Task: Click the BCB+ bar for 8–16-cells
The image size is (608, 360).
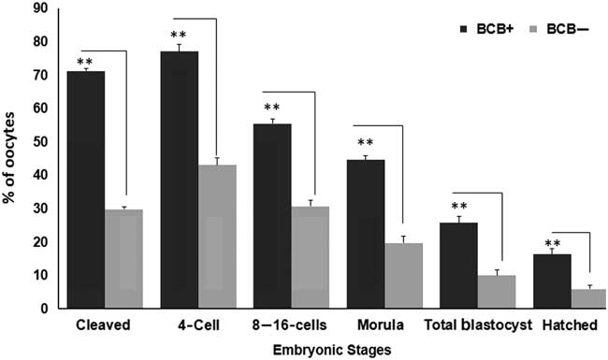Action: point(272,216)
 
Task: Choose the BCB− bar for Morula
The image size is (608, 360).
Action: point(403,276)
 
